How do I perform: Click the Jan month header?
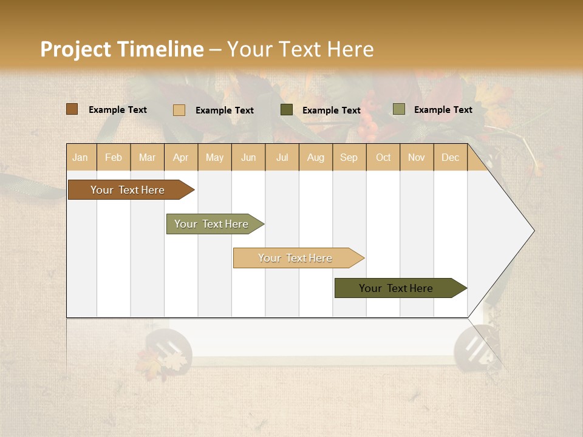(80, 157)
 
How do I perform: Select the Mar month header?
(147, 157)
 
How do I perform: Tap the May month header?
(214, 157)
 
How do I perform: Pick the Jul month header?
(282, 157)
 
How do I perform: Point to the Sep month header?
(349, 157)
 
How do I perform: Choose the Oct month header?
(383, 157)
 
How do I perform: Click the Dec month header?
(450, 157)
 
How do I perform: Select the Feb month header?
(114, 157)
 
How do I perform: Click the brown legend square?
(72, 109)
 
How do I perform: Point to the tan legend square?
(179, 110)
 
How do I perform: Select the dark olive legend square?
(287, 110)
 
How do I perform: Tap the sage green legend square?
(399, 109)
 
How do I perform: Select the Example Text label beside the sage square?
(443, 109)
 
